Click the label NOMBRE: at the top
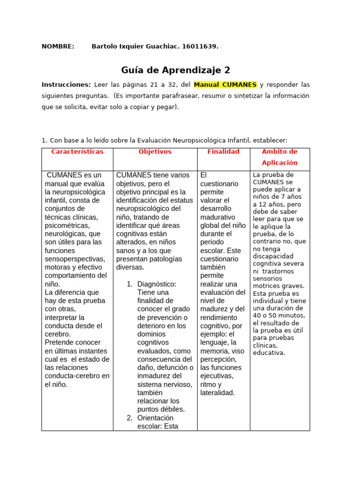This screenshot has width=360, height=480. point(58,46)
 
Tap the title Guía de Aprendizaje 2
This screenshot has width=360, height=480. point(176,70)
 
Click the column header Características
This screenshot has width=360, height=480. point(77,152)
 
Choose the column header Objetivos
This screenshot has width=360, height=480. point(155,152)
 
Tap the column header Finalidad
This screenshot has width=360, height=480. point(223,152)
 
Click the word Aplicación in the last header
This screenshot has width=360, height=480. point(279,163)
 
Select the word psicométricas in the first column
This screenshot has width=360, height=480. point(66,225)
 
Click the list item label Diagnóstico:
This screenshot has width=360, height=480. point(157,284)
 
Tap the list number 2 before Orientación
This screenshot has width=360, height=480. point(130,418)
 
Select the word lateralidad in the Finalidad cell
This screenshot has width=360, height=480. point(217,393)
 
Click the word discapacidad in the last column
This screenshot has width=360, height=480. point(272,256)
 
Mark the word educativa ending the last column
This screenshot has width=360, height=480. point(268,353)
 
